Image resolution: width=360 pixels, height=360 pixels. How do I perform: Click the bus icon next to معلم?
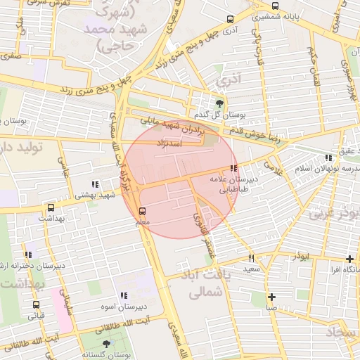pos(143,210)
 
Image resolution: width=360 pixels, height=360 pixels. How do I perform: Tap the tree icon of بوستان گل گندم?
pos(220,103)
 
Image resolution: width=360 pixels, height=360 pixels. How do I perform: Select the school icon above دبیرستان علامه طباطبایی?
pos(233,169)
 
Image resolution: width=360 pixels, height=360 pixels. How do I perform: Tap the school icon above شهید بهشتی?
pos(95,184)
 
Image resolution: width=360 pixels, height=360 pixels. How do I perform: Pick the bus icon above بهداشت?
pos(51,208)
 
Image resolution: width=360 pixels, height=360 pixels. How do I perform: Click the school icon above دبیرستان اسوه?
pos(124,296)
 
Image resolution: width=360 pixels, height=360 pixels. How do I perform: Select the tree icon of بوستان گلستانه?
pos(106,344)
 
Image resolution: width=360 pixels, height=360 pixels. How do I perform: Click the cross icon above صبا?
pos(271,297)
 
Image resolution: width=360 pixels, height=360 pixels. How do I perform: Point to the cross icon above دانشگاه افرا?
pos(350,259)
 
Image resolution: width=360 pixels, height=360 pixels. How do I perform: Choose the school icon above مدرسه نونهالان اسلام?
pos(328,158)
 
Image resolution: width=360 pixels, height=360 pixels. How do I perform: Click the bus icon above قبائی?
pos(36,304)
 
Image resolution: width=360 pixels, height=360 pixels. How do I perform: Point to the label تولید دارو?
pos(28,148)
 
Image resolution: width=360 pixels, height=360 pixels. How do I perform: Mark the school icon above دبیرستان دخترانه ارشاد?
pos(28,255)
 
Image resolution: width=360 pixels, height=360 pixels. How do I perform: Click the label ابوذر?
pos(302,258)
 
